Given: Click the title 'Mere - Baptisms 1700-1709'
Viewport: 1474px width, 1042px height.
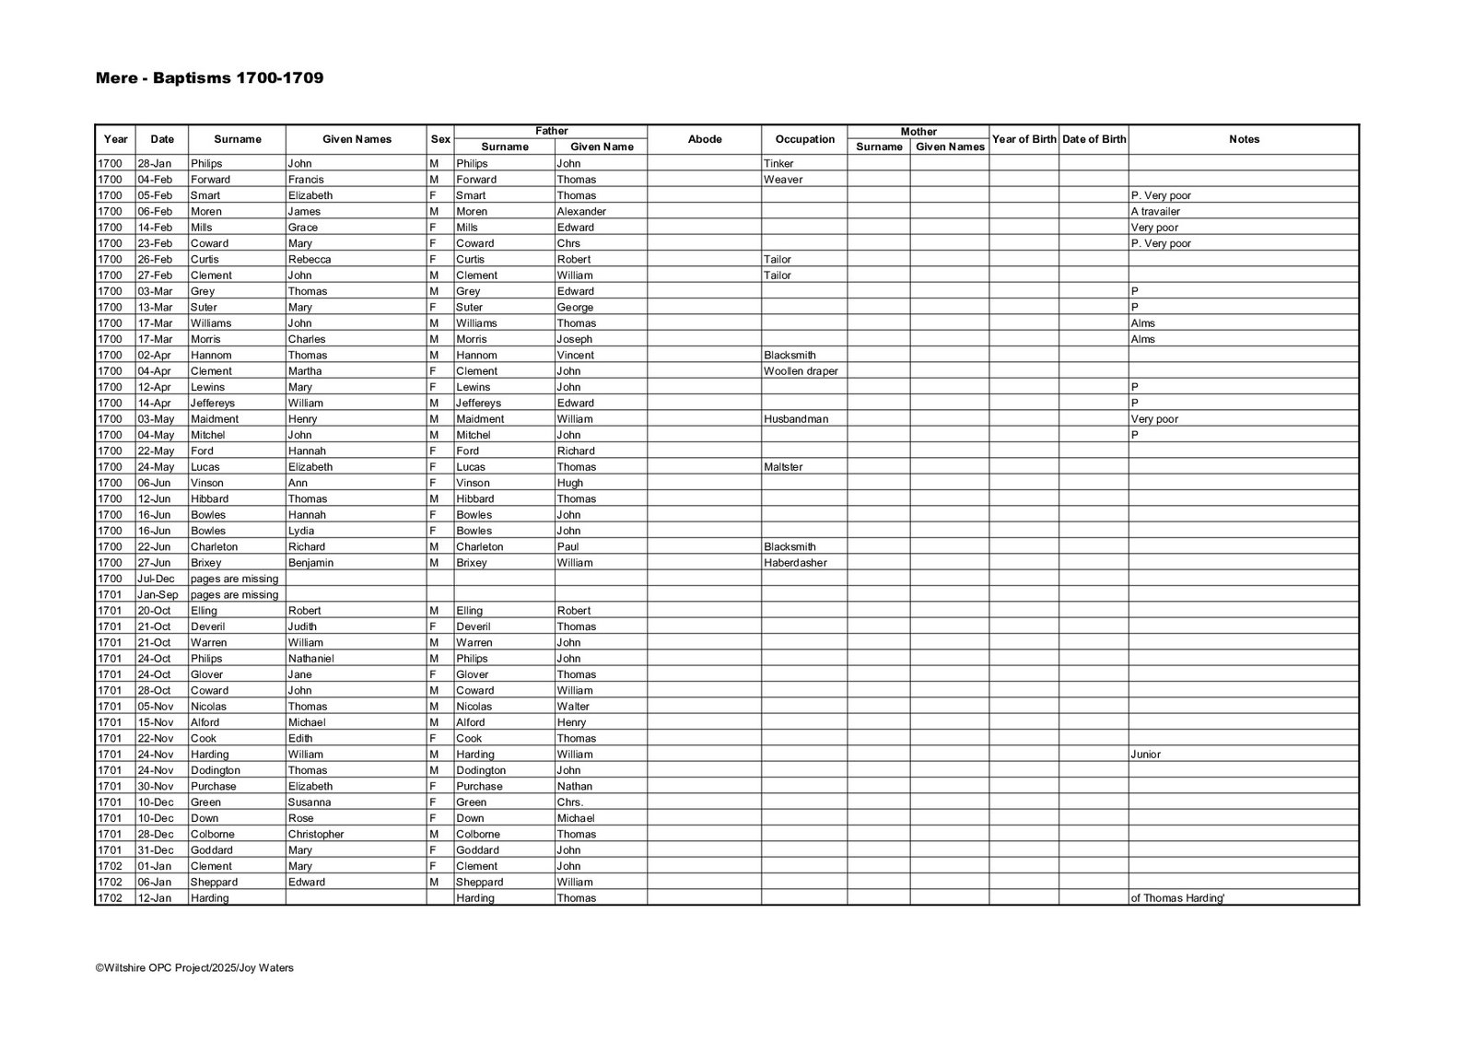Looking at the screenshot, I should point(209,78).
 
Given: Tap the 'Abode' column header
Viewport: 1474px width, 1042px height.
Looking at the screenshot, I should point(705,139).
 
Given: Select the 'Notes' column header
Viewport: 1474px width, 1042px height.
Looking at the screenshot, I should point(1244,139).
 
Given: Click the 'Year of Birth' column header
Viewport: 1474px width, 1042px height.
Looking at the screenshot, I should point(1024,139).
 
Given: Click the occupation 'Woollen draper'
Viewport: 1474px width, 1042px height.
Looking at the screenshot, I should point(801,371).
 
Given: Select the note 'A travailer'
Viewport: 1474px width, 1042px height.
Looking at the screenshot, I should point(1155,212).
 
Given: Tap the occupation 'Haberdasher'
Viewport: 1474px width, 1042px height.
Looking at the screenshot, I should point(795,563).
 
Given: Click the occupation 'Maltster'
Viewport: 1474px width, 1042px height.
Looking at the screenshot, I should point(783,467).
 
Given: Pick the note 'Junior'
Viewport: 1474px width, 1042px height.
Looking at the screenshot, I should point(1145,755).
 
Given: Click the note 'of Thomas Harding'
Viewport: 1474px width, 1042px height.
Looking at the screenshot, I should point(1177,898).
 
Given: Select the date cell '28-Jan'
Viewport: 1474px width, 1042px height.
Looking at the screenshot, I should point(155,164).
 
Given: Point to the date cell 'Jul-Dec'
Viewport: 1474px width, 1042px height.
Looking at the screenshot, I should point(156,579).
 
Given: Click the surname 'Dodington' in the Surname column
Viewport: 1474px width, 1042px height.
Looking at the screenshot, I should point(215,770).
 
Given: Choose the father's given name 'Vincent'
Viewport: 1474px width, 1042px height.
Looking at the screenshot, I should point(575,356).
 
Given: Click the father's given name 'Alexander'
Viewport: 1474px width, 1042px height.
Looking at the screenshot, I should point(581,212).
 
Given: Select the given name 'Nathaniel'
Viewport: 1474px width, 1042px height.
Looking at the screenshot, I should point(310,659).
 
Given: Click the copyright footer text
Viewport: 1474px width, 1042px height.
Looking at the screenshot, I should point(194,967).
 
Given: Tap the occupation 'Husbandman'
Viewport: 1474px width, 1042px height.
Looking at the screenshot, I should point(796,419).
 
